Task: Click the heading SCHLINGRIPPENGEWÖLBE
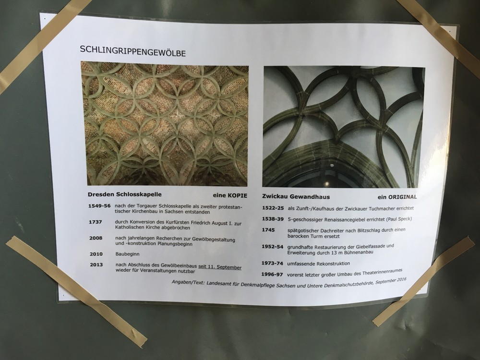(132, 51)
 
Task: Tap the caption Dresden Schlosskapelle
(125, 194)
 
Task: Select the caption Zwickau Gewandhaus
(296, 196)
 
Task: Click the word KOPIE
(237, 195)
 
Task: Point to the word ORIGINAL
(403, 197)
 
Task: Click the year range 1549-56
(99, 206)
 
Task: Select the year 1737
(95, 222)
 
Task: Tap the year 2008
(96, 238)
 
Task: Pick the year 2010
(96, 254)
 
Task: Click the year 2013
(96, 264)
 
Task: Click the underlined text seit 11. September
(220, 267)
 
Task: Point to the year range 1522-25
(273, 208)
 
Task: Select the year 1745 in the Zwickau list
(268, 229)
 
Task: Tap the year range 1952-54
(272, 246)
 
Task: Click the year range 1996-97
(272, 274)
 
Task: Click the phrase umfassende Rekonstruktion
(318, 263)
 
